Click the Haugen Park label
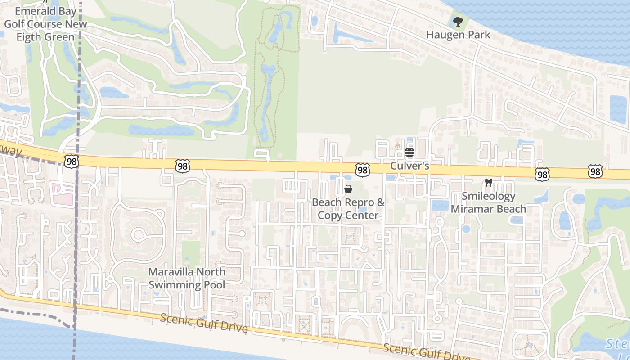coord(458,35)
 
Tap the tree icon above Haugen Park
coord(458,21)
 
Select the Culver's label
coord(409,166)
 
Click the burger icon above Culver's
coord(409,153)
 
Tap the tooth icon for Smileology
coord(488,183)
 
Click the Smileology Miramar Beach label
coord(488,202)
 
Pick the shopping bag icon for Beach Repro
coord(348,189)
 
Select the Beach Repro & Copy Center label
coord(348,209)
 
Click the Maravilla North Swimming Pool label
coord(187,278)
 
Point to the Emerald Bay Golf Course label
coord(45,24)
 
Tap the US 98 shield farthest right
coord(595,171)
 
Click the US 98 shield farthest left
coord(71,162)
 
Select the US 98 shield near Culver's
coord(362,170)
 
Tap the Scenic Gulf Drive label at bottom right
coord(425,352)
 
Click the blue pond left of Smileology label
coord(440,206)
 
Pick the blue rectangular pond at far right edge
coord(618,109)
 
